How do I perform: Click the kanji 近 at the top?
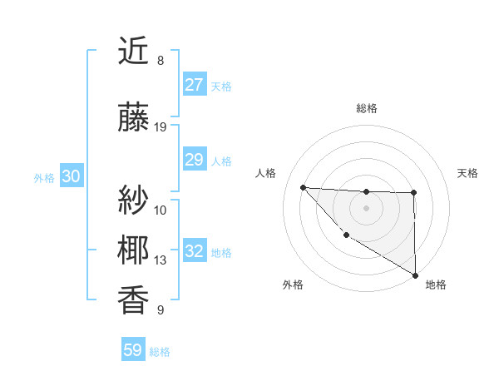[x=134, y=52]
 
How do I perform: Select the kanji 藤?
[x=134, y=119]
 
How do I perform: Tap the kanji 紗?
[x=134, y=200]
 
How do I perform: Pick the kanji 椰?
[x=134, y=250]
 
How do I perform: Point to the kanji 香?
[x=134, y=301]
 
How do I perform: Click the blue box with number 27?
[x=194, y=85]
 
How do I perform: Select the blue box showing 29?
[x=194, y=160]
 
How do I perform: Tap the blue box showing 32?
[x=194, y=251]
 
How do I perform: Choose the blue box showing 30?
[x=71, y=176]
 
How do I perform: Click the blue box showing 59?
[x=133, y=350]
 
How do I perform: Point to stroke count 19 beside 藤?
[x=161, y=127]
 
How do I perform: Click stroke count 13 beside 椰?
[x=161, y=260]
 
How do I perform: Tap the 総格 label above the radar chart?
[x=366, y=108]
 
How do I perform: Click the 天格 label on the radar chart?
[x=467, y=173]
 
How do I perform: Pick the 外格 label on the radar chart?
[x=292, y=285]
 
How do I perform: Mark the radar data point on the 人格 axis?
[x=303, y=187]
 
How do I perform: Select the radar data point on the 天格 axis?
[x=413, y=193]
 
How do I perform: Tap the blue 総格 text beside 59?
[x=160, y=352]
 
